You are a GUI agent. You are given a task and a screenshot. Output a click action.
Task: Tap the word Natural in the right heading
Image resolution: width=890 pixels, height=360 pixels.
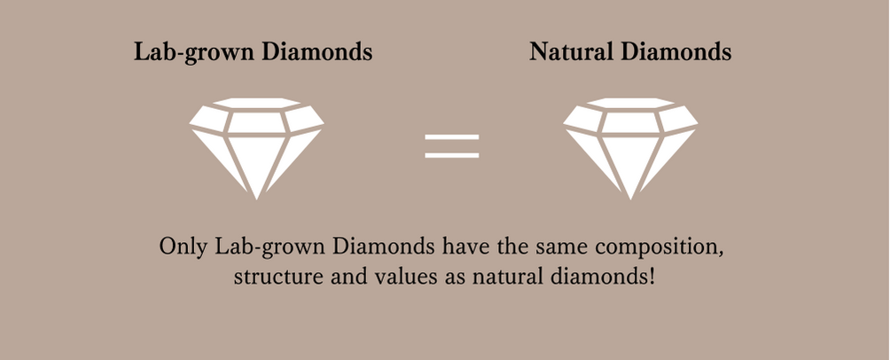(x=571, y=51)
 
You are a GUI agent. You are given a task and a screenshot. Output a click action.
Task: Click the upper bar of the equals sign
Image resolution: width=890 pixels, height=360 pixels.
(x=452, y=137)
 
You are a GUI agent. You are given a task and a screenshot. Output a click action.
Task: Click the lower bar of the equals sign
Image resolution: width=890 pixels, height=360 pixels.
(x=452, y=155)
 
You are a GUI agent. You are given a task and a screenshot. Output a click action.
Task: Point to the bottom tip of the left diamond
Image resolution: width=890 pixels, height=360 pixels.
(x=256, y=200)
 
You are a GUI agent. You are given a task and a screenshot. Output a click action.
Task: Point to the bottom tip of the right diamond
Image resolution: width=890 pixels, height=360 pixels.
(x=630, y=200)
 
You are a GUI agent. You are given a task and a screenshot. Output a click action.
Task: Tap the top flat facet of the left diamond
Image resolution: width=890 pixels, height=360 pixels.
(x=256, y=103)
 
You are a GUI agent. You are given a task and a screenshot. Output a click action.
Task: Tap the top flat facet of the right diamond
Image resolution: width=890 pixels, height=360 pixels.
(x=630, y=103)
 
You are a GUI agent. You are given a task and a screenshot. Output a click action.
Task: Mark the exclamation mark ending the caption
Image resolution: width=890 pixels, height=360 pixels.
(x=652, y=277)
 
